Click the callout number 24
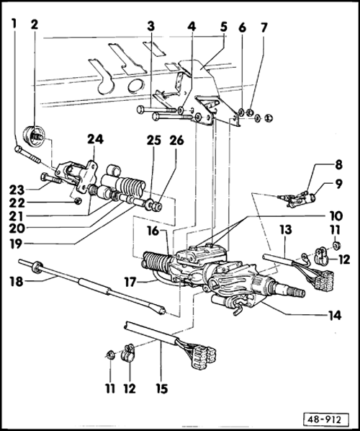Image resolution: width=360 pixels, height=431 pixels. (96, 139)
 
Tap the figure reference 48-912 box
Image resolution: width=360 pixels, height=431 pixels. (326, 420)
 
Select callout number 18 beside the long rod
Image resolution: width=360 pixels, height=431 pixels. (17, 282)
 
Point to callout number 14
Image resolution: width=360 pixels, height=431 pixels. (335, 315)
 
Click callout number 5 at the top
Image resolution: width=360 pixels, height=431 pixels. (224, 27)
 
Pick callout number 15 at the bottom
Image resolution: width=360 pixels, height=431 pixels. (162, 388)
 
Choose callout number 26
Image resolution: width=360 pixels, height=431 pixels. (176, 141)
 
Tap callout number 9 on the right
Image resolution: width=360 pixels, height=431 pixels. (338, 185)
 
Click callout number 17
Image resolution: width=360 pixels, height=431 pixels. (130, 282)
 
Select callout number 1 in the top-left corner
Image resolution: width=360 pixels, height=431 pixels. (14, 24)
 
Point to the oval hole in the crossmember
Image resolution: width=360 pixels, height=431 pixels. (135, 85)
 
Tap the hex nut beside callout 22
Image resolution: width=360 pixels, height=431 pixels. (78, 201)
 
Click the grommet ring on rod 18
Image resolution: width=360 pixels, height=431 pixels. (36, 267)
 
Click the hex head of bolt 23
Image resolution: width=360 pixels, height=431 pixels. (44, 177)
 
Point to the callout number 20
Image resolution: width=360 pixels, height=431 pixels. (17, 228)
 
